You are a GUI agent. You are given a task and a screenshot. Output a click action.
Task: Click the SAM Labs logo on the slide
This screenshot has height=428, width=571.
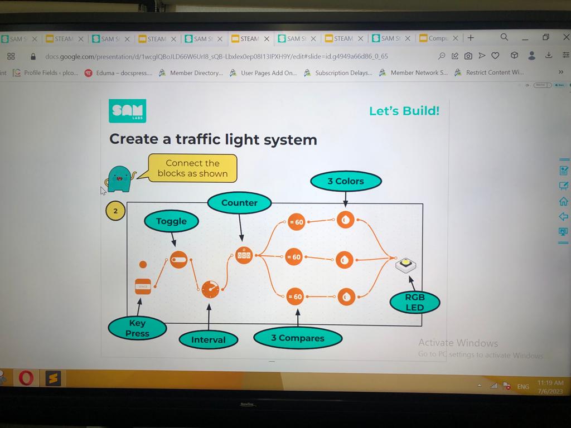[x=127, y=111]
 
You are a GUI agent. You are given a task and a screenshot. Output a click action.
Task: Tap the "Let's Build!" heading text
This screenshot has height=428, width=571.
[x=404, y=110]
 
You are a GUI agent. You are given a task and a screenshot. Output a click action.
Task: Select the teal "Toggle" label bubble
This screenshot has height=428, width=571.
[x=171, y=221]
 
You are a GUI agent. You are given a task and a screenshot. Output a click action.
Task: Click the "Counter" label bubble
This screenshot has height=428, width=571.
[x=239, y=203]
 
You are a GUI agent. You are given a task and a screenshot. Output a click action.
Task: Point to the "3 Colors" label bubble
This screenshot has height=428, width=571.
[x=346, y=181]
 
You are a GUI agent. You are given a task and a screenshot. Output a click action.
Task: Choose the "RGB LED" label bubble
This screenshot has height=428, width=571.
[x=414, y=303]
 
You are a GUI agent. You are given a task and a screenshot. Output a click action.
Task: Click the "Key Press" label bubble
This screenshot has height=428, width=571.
[x=137, y=328]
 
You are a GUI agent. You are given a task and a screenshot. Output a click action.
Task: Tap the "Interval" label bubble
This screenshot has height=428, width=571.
[x=208, y=339]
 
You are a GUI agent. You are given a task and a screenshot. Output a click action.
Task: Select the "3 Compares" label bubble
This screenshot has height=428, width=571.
[x=297, y=338]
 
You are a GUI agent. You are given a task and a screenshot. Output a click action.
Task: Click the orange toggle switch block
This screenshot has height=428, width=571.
[x=178, y=259]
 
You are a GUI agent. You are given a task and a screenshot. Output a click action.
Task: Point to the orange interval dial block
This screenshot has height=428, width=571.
[x=210, y=289]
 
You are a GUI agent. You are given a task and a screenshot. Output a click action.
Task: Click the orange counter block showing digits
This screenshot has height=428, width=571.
[x=244, y=255]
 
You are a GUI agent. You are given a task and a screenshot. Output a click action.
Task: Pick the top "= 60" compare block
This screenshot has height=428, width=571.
[x=296, y=222]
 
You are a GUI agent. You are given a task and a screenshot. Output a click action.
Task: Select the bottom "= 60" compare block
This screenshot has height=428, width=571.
[x=294, y=296]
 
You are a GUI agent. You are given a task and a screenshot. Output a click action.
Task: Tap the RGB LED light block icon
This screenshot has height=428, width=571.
[x=406, y=264]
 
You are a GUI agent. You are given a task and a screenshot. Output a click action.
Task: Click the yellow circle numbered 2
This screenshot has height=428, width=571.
[x=115, y=211]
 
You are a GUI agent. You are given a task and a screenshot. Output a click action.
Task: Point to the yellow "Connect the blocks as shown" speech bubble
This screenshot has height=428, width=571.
[x=192, y=168]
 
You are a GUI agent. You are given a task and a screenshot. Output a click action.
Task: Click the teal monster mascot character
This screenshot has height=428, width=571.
[x=119, y=179]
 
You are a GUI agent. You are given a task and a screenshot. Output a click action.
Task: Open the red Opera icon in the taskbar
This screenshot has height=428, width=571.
[x=26, y=378]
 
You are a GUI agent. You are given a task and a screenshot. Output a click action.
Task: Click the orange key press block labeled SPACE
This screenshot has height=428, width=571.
[x=143, y=286]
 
